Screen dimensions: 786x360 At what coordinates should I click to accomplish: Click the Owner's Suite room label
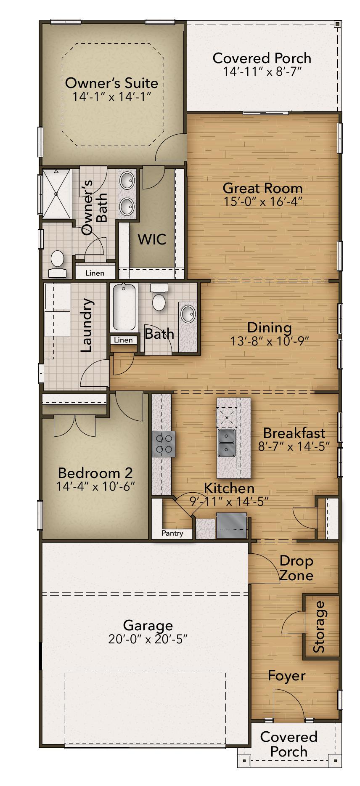111,83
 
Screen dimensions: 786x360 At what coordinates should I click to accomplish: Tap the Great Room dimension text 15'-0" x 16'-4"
263,202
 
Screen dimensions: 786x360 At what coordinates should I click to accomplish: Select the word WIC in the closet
152,239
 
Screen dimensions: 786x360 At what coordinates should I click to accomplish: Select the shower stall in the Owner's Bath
56,193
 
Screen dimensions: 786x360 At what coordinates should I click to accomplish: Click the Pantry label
172,534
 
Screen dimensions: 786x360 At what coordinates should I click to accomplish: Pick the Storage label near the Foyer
320,627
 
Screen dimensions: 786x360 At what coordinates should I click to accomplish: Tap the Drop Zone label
296,568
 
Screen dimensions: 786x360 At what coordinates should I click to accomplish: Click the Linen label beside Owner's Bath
95,273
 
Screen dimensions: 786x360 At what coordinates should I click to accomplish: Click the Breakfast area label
294,433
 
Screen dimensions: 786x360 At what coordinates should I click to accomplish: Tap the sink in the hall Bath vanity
188,313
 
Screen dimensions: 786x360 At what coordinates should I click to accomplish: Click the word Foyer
286,675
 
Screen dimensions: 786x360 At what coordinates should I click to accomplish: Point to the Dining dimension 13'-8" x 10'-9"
270,341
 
